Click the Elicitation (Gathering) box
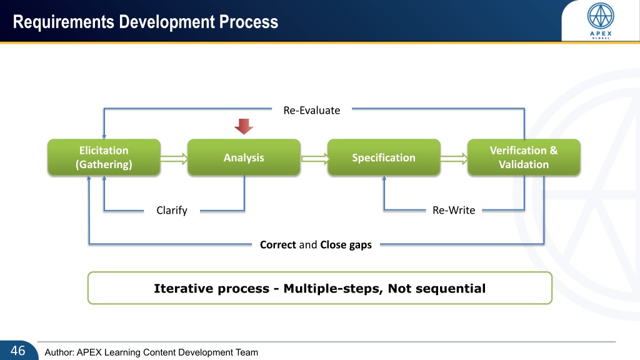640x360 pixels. click(104, 157)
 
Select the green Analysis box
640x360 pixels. click(244, 157)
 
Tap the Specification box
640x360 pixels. click(384, 157)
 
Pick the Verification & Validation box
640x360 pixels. click(524, 157)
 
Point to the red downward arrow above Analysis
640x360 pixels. click(244, 126)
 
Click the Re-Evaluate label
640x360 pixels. click(312, 110)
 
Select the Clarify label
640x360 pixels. click(172, 210)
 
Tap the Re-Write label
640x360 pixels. click(454, 210)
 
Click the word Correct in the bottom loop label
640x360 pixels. click(278, 244)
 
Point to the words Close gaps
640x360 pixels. click(346, 245)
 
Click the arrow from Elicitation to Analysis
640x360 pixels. click(174, 158)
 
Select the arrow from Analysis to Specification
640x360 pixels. click(314, 158)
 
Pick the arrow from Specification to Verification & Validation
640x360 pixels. click(454, 158)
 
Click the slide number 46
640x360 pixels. click(18, 351)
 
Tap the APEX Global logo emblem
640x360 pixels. click(601, 16)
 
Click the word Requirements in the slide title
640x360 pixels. click(64, 22)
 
